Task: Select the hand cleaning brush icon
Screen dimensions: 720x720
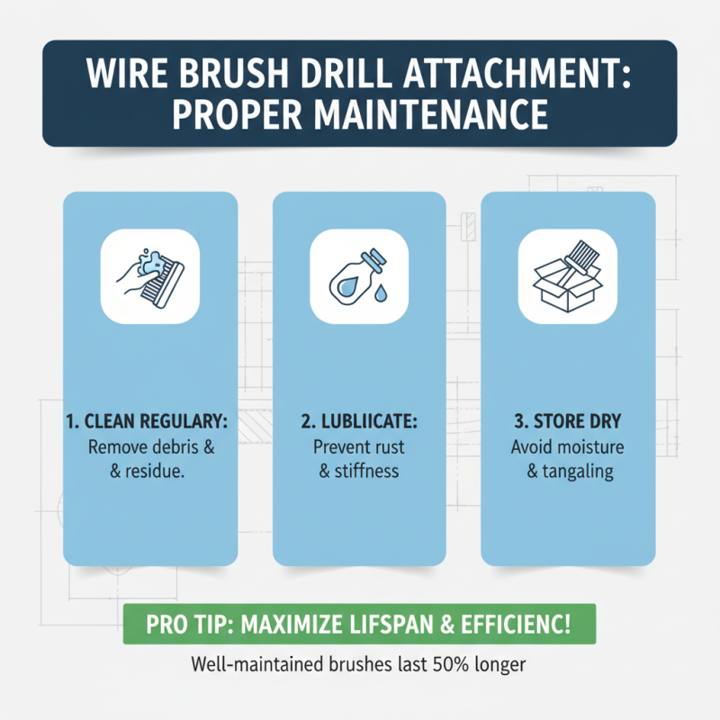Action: pyautogui.click(x=149, y=275)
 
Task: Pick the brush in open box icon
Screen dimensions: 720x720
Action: pyautogui.click(x=567, y=275)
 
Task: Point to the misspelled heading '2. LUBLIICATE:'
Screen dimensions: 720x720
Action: pyautogui.click(x=359, y=420)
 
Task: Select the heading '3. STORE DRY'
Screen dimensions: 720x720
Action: pyautogui.click(x=568, y=420)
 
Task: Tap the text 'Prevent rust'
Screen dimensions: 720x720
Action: pyautogui.click(x=359, y=446)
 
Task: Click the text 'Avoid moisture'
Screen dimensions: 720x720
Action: pyautogui.click(x=568, y=446)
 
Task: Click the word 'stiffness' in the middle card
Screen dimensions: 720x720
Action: pyautogui.click(x=367, y=470)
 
